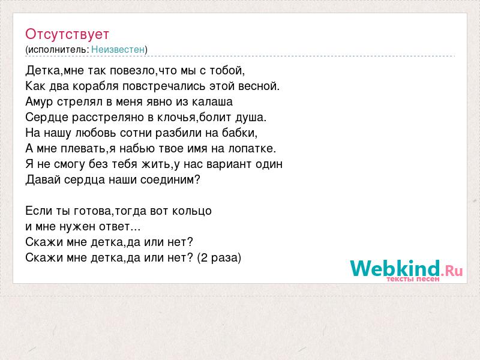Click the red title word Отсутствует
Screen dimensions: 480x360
[x=67, y=34]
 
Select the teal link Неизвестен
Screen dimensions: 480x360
[x=118, y=50]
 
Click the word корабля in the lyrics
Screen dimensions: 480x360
[x=95, y=86]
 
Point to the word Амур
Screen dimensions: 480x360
[x=39, y=102]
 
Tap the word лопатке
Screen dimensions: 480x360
[x=252, y=149]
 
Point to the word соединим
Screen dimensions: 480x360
[x=170, y=179]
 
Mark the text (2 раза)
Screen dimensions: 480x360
[x=219, y=258]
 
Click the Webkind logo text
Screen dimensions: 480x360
[x=395, y=268]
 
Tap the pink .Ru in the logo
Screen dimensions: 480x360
[x=452, y=271]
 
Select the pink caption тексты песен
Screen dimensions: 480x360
[x=413, y=279]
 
